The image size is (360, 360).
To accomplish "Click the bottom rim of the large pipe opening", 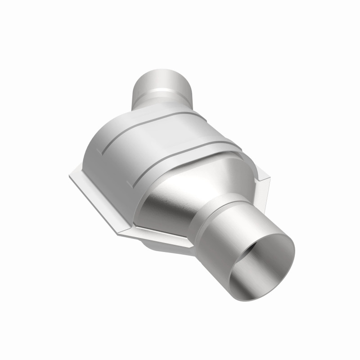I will (x=252, y=288).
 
